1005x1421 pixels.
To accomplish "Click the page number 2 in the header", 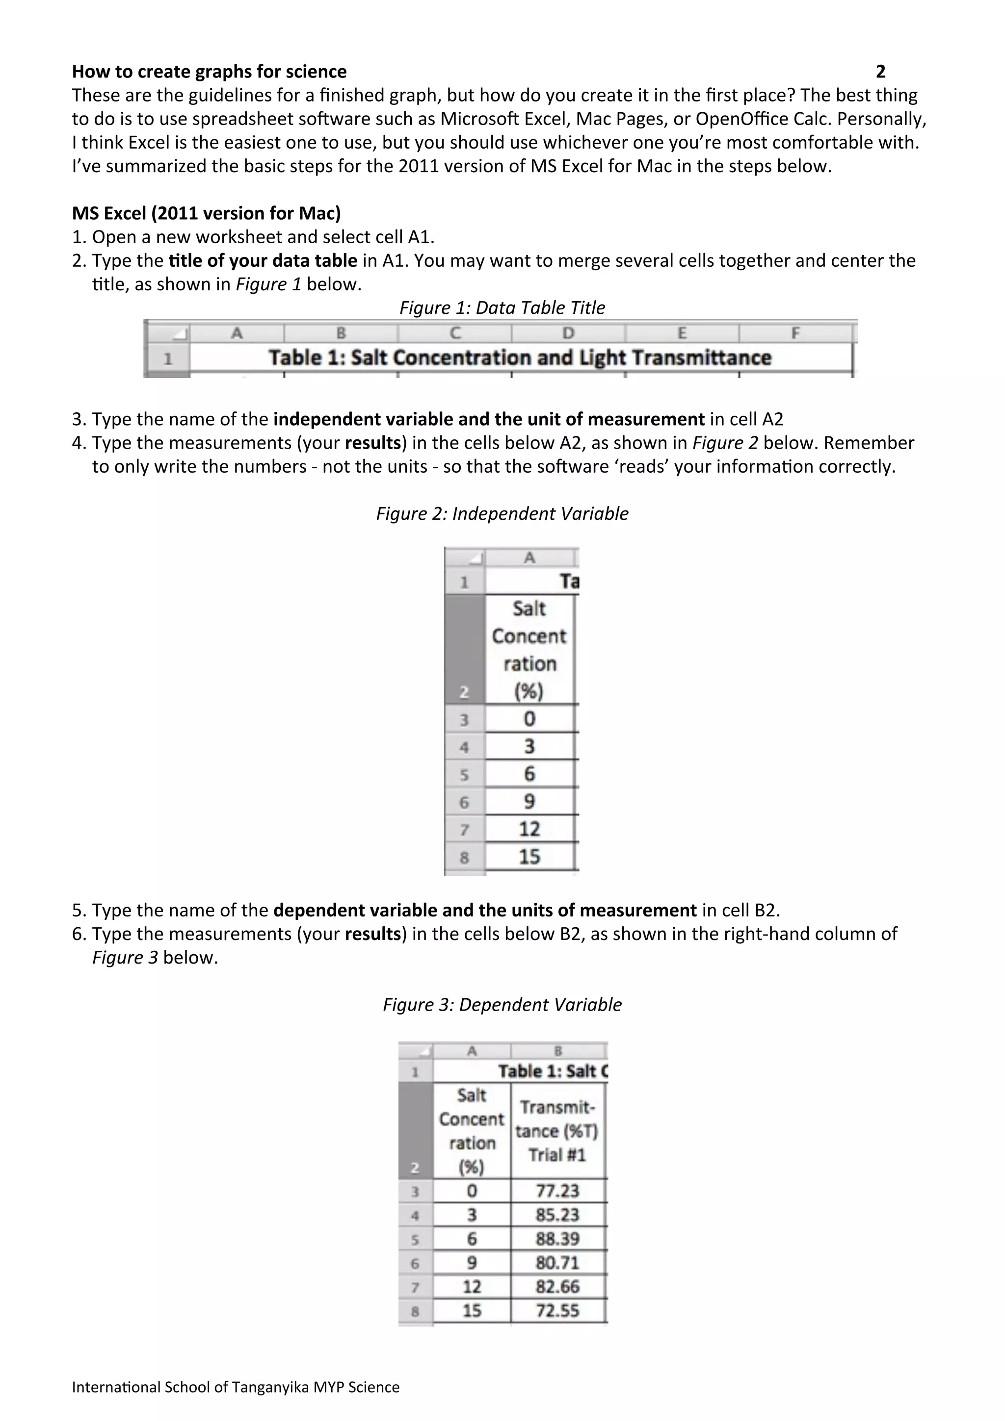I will click(880, 72).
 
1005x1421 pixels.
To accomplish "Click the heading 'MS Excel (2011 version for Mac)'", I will click(206, 213).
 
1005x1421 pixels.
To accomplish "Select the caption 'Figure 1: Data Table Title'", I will click(502, 307).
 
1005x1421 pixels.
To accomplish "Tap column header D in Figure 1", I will click(568, 333).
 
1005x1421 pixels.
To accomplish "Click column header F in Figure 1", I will click(795, 333).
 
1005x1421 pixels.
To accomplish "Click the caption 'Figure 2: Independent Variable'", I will click(502, 514).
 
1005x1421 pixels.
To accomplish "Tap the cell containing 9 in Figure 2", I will click(529, 802).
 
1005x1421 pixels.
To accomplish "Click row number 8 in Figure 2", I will click(464, 858).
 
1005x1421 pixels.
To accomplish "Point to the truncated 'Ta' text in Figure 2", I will click(568, 582).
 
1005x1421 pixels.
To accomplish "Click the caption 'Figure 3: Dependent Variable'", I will click(502, 1005).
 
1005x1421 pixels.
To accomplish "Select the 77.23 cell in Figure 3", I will click(557, 1191).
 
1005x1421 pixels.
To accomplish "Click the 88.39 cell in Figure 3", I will click(557, 1239).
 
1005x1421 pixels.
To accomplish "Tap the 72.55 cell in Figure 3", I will click(557, 1310).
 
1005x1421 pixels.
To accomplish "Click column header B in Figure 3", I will click(557, 1051).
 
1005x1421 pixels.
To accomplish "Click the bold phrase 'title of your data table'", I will click(263, 260).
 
